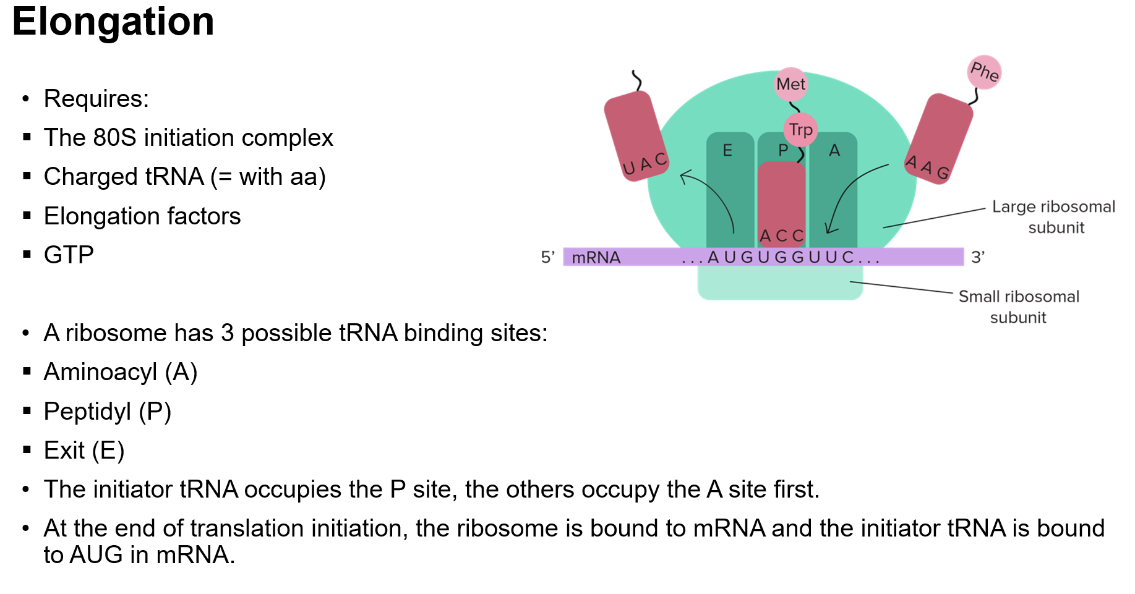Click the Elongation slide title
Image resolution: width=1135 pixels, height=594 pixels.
[x=113, y=22]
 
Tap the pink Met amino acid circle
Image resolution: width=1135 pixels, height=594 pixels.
[x=791, y=84]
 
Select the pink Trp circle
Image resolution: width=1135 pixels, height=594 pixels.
[x=801, y=130]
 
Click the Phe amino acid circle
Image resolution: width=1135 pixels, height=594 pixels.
[x=984, y=72]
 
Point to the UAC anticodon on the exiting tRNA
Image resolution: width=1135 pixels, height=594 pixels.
[x=645, y=164]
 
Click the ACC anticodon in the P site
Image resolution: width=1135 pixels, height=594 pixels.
[x=781, y=235]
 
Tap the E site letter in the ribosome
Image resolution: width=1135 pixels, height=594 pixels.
[x=727, y=150]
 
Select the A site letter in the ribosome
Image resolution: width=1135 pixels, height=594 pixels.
[x=834, y=150]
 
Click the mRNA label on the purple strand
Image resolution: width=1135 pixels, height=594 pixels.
[x=596, y=257]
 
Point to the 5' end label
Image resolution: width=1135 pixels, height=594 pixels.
[x=547, y=257]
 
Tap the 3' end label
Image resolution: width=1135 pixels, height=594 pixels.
[x=978, y=257]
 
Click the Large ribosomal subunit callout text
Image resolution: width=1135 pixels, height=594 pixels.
[x=1054, y=216]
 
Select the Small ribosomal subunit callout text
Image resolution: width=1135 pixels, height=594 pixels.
[x=1019, y=307]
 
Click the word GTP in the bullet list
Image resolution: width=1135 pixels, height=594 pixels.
[x=69, y=255]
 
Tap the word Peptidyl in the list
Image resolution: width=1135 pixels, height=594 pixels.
[x=87, y=412]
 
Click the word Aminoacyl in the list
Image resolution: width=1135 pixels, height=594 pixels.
[x=100, y=372]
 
